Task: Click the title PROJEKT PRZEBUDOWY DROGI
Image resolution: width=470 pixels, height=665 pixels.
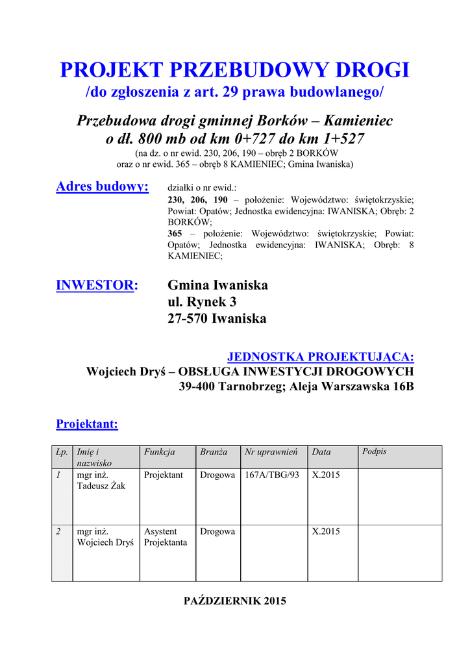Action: tap(234, 69)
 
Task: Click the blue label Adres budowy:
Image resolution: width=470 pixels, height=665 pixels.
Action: tap(103, 187)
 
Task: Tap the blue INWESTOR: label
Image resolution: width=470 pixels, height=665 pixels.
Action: tap(97, 285)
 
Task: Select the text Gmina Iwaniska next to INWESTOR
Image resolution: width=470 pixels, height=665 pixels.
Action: tap(217, 285)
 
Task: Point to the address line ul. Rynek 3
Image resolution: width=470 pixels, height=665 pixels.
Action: tap(202, 302)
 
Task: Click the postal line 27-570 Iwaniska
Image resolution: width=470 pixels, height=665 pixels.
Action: tap(217, 319)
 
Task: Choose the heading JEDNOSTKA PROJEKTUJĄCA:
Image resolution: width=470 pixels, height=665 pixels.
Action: tap(321, 357)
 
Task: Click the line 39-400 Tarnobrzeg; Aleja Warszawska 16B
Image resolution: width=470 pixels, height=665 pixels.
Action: tap(296, 387)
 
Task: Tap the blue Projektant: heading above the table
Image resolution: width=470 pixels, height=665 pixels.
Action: tap(87, 424)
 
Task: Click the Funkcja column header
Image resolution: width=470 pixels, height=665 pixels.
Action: tap(160, 452)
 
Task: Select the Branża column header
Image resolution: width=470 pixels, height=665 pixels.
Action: tap(214, 452)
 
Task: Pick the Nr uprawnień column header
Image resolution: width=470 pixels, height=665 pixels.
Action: tap(271, 452)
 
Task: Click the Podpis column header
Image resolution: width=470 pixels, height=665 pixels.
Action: tap(374, 451)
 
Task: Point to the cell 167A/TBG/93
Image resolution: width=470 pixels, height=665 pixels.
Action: tap(272, 475)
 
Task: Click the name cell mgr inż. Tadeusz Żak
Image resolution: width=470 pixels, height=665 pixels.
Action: tap(101, 481)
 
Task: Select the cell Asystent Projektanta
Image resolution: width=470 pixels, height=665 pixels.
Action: tap(166, 536)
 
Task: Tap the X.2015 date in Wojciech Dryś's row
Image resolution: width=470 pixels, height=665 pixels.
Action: tap(326, 531)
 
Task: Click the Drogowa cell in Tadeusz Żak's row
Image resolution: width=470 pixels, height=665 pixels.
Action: tap(217, 475)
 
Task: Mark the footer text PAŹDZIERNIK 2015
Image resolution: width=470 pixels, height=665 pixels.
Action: tap(235, 601)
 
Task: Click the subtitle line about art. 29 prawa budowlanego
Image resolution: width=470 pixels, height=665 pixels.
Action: tap(234, 92)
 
